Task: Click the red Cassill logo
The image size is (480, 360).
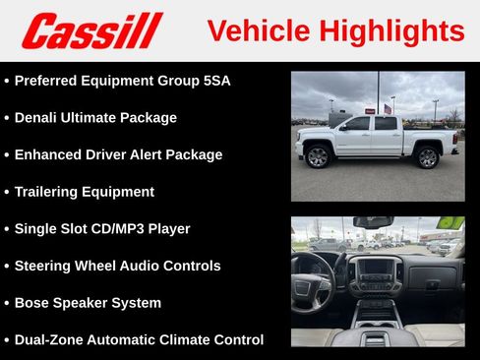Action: [91, 30]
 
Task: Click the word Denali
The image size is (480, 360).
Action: [37, 117]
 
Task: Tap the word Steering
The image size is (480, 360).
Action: [46, 266]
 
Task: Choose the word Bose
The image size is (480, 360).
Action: [32, 302]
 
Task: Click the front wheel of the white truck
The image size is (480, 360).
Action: [317, 156]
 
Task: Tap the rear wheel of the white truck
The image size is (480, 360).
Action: [426, 156]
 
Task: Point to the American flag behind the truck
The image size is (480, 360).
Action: [388, 108]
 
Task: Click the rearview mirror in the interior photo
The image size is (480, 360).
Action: [374, 222]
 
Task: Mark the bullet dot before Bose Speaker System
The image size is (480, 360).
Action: [7, 303]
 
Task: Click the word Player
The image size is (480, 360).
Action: [168, 228]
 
